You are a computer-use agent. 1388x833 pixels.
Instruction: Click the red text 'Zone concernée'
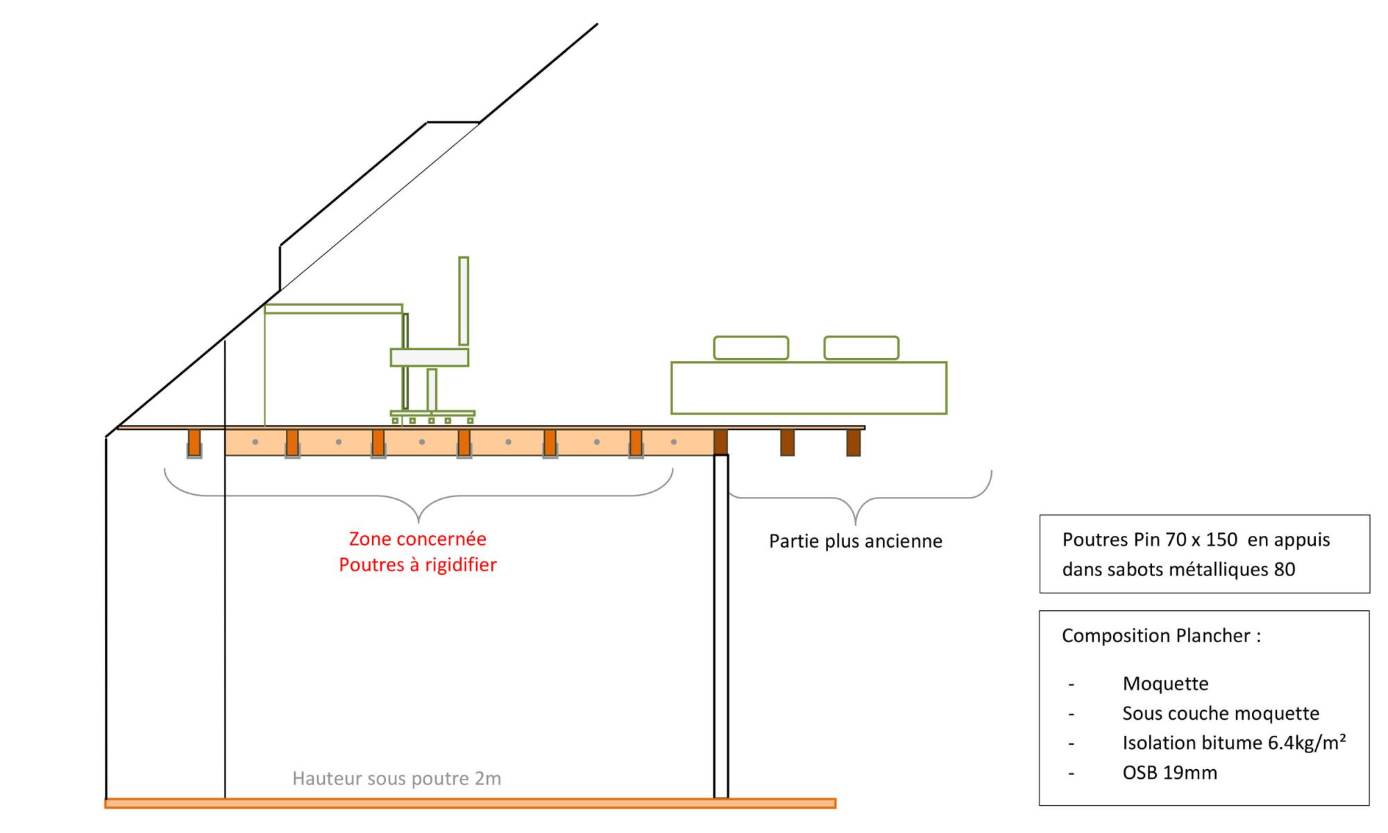417,539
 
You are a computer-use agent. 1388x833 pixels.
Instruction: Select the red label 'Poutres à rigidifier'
418,564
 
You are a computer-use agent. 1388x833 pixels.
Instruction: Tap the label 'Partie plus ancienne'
855,541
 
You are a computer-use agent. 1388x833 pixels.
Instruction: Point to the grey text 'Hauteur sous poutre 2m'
396,778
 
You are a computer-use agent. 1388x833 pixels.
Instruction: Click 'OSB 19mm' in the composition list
1169,772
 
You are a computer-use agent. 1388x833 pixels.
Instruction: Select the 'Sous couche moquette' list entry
1220,713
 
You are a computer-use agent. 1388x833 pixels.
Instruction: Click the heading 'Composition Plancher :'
1161,635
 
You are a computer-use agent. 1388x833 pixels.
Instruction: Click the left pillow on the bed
751,348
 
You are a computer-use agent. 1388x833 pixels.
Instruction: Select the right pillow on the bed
861,348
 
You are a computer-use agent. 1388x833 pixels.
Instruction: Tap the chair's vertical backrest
464,301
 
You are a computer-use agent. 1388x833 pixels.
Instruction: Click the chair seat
430,357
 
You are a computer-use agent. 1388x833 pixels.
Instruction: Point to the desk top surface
333,309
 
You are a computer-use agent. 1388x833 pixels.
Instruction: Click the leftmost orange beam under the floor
194,442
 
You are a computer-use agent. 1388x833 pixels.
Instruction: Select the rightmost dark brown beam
854,442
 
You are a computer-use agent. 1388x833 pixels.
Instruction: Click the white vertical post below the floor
721,625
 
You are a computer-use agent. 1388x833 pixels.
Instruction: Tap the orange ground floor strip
470,803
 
